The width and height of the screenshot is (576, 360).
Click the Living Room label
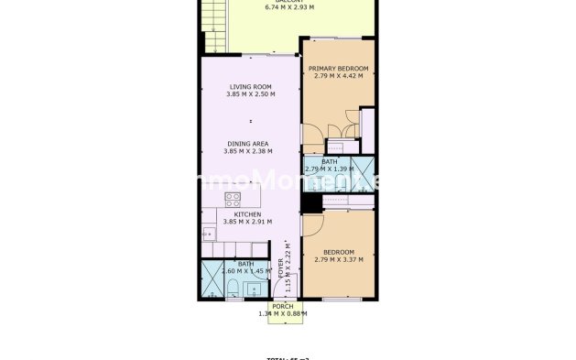click(252, 86)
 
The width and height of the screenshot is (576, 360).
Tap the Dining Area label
click(252, 144)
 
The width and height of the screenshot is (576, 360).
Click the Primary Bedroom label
click(338, 69)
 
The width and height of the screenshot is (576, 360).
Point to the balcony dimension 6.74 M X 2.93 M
click(289, 7)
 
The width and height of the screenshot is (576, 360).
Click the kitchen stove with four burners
click(234, 198)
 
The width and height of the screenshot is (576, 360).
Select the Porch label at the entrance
click(282, 307)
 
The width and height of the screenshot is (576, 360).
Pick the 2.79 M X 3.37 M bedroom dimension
click(338, 259)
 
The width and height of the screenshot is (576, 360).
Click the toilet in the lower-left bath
click(233, 289)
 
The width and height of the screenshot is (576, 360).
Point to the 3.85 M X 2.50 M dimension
click(252, 94)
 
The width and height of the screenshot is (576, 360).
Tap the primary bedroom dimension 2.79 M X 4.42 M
click(338, 77)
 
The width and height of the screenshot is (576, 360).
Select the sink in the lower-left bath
click(254, 286)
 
